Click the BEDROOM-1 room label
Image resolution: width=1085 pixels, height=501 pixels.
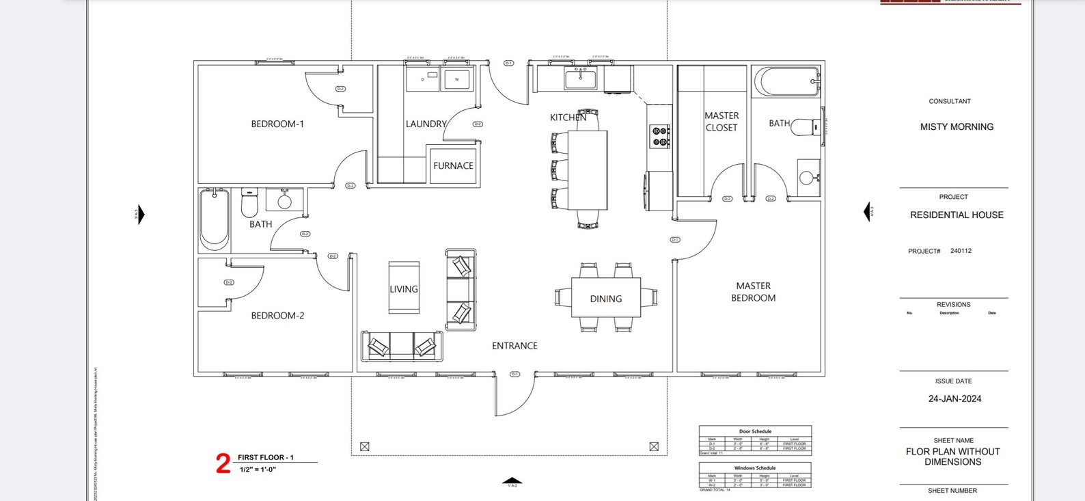tap(277, 124)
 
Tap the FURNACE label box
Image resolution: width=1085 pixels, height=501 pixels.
tap(453, 165)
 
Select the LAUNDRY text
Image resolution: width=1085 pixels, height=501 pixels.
tap(425, 124)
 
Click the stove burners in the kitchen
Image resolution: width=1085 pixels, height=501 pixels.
tap(660, 136)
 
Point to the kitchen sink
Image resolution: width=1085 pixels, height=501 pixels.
tap(581, 79)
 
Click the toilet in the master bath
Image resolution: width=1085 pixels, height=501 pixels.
tap(804, 127)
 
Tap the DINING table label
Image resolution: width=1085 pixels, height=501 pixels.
tap(605, 299)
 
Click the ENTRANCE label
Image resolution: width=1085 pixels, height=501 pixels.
tap(514, 346)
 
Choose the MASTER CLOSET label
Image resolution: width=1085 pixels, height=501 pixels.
tap(722, 122)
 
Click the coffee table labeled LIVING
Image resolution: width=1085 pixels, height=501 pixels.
tap(404, 288)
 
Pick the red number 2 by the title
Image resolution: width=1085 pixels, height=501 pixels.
tap(223, 464)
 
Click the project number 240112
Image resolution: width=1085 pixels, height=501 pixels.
tap(961, 251)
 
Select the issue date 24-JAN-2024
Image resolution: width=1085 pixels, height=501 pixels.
tap(954, 398)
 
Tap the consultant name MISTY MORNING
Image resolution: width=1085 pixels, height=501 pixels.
tap(957, 126)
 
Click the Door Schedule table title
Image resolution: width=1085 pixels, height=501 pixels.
tap(755, 431)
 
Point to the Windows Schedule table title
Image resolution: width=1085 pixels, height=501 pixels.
tap(755, 468)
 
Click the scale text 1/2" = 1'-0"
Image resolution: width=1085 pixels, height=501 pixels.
tap(258, 470)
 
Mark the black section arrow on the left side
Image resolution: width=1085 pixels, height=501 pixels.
tap(141, 215)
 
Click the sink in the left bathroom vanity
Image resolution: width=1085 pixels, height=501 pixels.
tap(284, 201)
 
